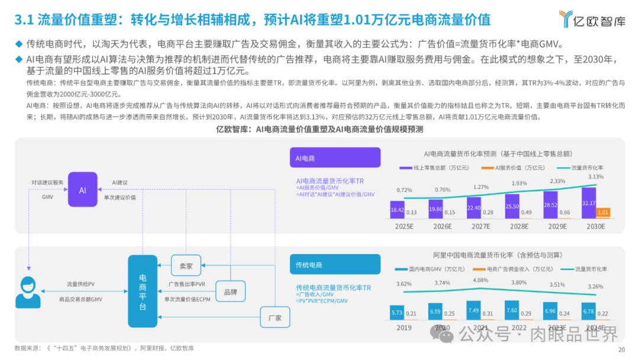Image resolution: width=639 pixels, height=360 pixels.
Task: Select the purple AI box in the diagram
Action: pyautogui.click(x=82, y=189)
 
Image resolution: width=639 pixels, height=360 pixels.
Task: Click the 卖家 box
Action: pyautogui.click(x=186, y=266)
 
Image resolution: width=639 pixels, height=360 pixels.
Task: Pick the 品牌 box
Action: pyautogui.click(x=230, y=291)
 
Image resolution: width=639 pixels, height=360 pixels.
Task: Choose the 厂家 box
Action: pyautogui.click(x=275, y=317)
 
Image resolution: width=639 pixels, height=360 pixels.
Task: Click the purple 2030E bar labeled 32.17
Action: pyautogui.click(x=589, y=202)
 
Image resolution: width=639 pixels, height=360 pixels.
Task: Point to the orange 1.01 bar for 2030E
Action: pyautogui.click(x=603, y=213)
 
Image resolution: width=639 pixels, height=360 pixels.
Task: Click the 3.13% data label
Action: pyautogui.click(x=596, y=176)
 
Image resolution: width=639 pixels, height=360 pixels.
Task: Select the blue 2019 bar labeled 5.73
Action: pyautogui.click(x=397, y=312)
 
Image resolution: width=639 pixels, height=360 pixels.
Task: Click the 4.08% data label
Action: pyautogui.click(x=481, y=280)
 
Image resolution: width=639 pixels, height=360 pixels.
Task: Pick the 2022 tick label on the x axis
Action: pyautogui.click(x=519, y=327)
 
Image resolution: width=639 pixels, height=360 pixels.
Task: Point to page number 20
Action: pyautogui.click(x=621, y=350)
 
